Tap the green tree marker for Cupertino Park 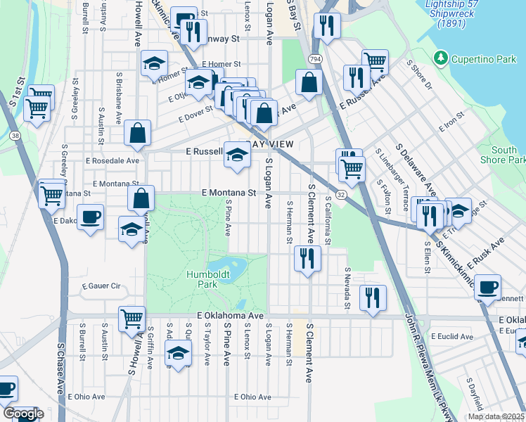point(441,57)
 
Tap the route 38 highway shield point(15,134)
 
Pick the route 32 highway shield point(340,193)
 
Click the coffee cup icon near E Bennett point(487,286)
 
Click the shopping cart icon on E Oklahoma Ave point(131,319)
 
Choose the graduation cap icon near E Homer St point(154,65)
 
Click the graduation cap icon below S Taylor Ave point(179,352)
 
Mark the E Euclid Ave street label point(451,337)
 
